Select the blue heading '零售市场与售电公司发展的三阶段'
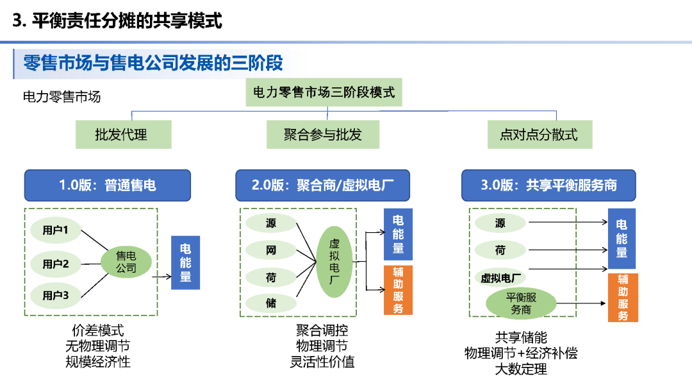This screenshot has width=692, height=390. coord(153,64)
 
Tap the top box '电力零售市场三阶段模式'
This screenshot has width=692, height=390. coord(324,92)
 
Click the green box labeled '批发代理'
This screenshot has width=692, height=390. coord(121,135)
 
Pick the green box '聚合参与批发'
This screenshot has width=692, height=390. coord(323,135)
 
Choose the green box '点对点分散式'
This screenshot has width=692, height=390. coord(539,135)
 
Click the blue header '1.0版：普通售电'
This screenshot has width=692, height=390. coord(108,185)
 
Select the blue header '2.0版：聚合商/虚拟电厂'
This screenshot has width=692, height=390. coord(323,185)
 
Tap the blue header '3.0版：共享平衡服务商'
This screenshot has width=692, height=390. coord(549,185)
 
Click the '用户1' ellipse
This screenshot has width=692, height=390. coord(56,230)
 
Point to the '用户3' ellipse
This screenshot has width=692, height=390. coord(56,295)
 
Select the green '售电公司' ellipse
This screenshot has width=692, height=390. coord(126,262)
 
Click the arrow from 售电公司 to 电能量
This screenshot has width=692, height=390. coord(161,277)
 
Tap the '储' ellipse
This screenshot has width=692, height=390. coord(271,303)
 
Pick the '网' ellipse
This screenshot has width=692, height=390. coord(271,250)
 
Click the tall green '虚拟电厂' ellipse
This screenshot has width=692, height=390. coord(334,261)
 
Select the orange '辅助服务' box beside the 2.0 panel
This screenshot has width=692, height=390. coord(398,290)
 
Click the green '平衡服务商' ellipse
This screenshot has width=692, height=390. coord(521,303)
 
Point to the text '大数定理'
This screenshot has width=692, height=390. coord(521,369)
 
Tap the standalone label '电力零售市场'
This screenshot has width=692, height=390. coord(62,97)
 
